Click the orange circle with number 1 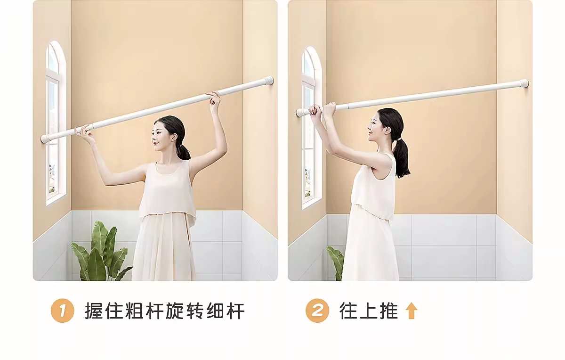[x=62, y=311]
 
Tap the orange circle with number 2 [x=317, y=311]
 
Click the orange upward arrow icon [x=411, y=311]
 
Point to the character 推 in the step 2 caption [x=389, y=311]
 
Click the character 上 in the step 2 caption [x=369, y=311]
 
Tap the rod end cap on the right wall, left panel [x=269, y=80]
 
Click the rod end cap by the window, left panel [x=45, y=139]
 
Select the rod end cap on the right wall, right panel [x=524, y=83]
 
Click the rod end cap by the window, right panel [x=301, y=112]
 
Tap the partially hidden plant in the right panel [x=335, y=263]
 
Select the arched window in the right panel [x=312, y=128]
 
